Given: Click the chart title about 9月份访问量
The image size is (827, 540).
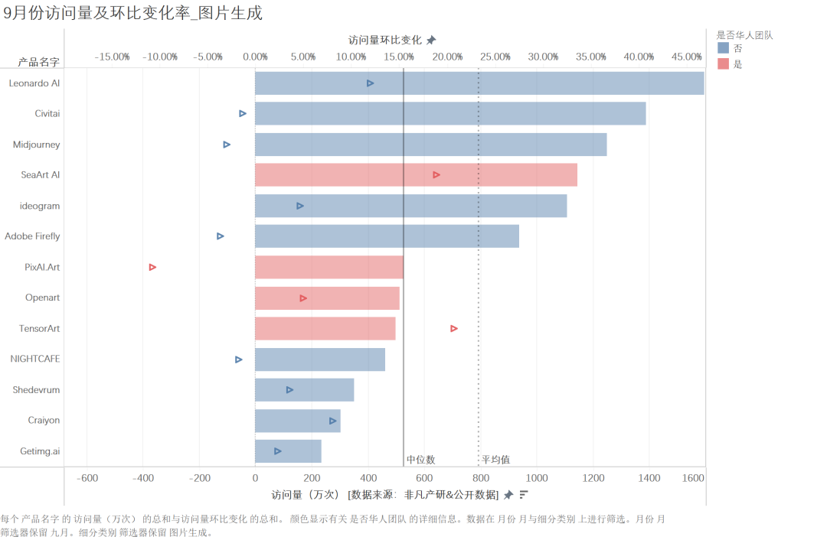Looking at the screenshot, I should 132,13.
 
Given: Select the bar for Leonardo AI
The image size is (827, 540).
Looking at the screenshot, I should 479,83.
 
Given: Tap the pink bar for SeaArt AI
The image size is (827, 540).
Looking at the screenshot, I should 416,174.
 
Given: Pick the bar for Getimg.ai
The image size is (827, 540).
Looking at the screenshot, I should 288,451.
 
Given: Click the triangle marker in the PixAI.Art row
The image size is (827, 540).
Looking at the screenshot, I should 152,267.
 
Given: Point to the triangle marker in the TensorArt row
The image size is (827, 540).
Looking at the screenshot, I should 454,328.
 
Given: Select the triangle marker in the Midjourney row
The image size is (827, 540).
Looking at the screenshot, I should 227,145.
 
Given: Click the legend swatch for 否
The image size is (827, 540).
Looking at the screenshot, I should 723,48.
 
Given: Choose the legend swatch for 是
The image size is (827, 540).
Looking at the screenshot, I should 723,64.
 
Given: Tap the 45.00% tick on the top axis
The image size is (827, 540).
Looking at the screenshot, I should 687,57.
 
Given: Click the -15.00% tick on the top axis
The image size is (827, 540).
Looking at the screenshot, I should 112,57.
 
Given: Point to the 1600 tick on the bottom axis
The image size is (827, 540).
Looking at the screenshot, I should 693,478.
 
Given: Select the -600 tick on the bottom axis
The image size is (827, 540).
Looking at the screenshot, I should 87,478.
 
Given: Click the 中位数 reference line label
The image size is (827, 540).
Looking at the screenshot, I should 420,460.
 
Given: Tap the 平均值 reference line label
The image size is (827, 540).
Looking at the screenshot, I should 495,460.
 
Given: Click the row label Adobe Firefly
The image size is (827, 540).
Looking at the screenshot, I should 32,236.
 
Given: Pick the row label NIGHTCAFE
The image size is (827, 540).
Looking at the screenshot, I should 35,359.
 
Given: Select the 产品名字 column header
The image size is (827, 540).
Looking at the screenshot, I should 38,62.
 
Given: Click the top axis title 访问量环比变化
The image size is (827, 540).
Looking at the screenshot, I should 384,40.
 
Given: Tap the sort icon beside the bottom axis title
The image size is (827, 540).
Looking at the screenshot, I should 524,495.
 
